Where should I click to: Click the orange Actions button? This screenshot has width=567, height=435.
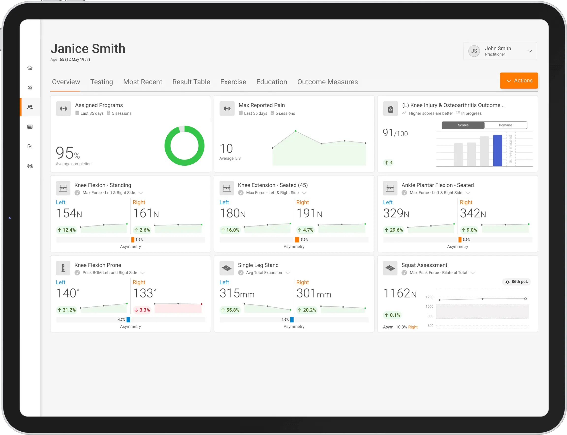coord(519,81)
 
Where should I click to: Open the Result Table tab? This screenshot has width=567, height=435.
coord(191,82)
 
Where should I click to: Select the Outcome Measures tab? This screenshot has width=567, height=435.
coord(327,82)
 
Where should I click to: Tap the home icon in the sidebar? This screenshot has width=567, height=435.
coord(30,68)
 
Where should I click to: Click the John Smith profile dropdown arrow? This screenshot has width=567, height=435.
coord(530,51)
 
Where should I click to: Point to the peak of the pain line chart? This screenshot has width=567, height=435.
coord(296,131)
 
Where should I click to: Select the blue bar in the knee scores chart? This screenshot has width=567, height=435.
coord(497,150)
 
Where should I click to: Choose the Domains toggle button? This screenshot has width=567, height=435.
coord(505,125)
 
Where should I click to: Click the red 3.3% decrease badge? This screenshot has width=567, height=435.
coord(142,310)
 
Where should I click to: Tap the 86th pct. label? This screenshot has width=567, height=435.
coord(517,282)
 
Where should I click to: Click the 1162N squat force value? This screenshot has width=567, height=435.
coord(399,294)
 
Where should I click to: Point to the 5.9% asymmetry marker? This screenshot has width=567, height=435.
coord(297,240)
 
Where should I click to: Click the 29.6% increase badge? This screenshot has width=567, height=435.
coord(394,230)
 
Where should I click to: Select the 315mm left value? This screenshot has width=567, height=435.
coord(236,294)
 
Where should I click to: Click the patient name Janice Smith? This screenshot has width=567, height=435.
coord(88,49)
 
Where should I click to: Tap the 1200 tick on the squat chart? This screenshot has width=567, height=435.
coord(429,297)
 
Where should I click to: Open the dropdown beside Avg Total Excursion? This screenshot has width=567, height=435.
coord(287,273)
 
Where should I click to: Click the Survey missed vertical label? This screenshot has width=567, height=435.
coord(510,149)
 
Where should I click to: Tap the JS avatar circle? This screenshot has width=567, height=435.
coord(474,51)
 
